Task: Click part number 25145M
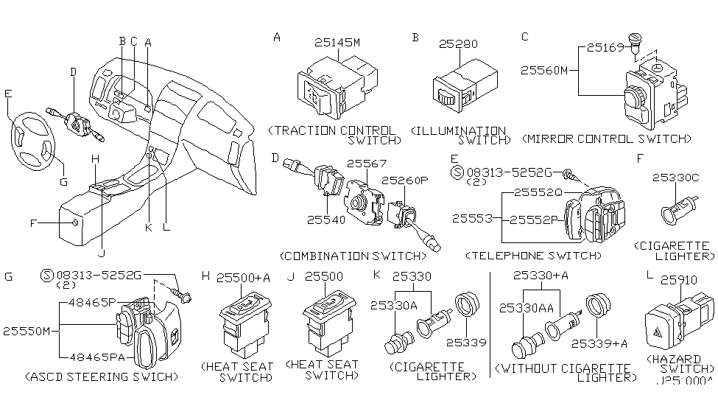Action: [x=337, y=43]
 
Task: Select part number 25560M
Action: [x=546, y=71]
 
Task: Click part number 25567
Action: [x=365, y=164]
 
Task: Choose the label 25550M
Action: [x=26, y=331]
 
